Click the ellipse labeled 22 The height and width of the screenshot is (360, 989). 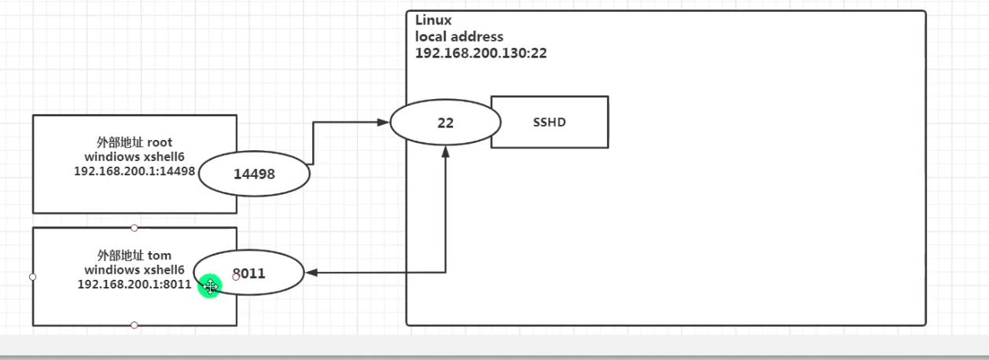(446, 123)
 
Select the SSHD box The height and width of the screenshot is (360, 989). (550, 122)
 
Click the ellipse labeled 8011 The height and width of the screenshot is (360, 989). (248, 274)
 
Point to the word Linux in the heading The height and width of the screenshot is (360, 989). (433, 20)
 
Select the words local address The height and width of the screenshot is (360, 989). (459, 37)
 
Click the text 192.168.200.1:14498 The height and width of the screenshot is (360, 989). (134, 171)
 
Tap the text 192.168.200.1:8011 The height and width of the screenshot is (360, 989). (134, 284)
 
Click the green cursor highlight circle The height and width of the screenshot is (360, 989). (210, 286)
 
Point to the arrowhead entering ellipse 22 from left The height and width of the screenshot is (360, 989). (385, 123)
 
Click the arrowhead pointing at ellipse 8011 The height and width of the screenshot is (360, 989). (310, 274)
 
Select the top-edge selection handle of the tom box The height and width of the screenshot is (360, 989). (134, 228)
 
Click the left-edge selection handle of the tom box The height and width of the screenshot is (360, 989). (33, 277)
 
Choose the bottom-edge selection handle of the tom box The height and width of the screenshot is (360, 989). (134, 325)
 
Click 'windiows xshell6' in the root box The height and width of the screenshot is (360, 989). (134, 157)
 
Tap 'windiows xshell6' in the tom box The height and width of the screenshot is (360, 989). (134, 270)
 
